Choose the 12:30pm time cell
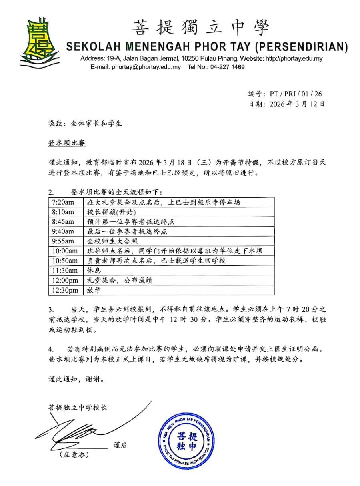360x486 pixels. pos(64,290)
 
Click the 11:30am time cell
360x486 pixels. pos(64,271)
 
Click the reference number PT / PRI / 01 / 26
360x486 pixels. pos(296,94)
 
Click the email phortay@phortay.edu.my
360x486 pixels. pos(146,67)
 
